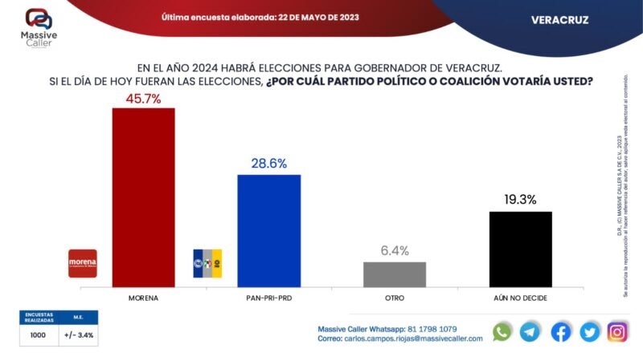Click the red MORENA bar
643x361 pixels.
(x=143, y=197)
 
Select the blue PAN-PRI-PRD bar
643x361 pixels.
(x=269, y=230)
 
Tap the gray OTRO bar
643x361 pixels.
(x=395, y=274)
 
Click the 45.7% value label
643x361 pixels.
(x=143, y=99)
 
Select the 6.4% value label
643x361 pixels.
(x=395, y=250)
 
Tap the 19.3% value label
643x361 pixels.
(x=520, y=200)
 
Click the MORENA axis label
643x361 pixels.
(x=143, y=298)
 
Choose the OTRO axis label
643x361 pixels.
(x=395, y=298)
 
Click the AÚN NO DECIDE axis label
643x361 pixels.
(x=520, y=298)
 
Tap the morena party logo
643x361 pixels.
(x=83, y=263)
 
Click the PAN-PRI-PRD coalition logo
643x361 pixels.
(x=207, y=263)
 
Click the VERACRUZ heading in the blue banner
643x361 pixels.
(x=559, y=20)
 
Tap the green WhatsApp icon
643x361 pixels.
(x=502, y=332)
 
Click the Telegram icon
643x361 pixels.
(x=530, y=332)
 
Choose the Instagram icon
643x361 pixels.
(x=617, y=332)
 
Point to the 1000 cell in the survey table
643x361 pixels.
(x=38, y=335)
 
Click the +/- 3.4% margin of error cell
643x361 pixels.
(x=79, y=335)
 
